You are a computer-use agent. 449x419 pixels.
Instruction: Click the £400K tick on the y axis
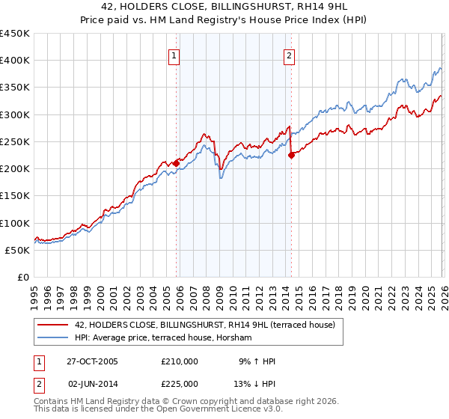tap(15, 61)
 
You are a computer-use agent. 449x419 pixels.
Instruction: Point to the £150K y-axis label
tap(15, 195)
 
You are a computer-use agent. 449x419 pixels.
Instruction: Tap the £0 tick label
tap(22, 277)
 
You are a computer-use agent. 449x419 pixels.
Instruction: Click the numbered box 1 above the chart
tap(174, 55)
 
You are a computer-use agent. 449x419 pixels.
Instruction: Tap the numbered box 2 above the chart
tap(289, 55)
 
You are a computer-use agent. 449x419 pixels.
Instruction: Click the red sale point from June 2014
tap(291, 155)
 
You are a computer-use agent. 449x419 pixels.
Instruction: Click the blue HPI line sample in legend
tap(53, 337)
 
